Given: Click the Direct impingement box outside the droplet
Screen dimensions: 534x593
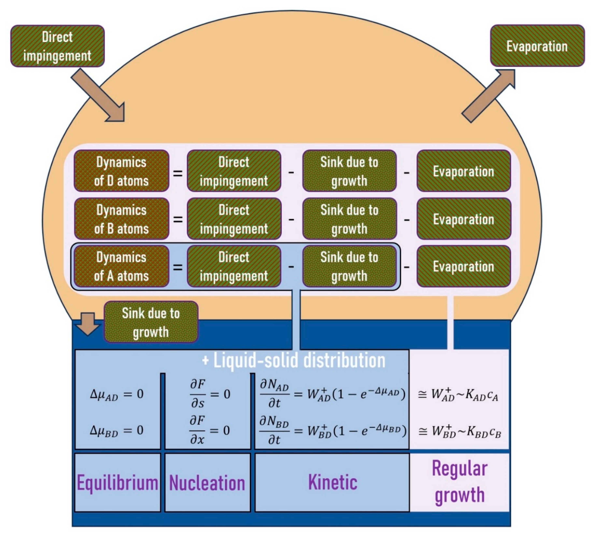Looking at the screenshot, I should [x=57, y=46].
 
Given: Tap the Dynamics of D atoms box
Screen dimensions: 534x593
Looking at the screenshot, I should [x=121, y=171].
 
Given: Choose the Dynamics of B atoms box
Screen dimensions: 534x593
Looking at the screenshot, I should [x=121, y=219].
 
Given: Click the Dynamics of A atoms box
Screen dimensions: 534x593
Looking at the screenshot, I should [x=121, y=266].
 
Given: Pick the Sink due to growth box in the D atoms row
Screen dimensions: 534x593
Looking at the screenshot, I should [x=349, y=171].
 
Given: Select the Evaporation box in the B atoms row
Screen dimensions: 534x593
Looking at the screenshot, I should [x=464, y=219].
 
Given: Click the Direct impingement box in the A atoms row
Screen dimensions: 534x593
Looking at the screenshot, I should [x=234, y=266].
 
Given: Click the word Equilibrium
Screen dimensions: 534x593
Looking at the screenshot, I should [x=117, y=483].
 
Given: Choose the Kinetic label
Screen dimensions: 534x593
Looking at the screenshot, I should [x=333, y=482].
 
